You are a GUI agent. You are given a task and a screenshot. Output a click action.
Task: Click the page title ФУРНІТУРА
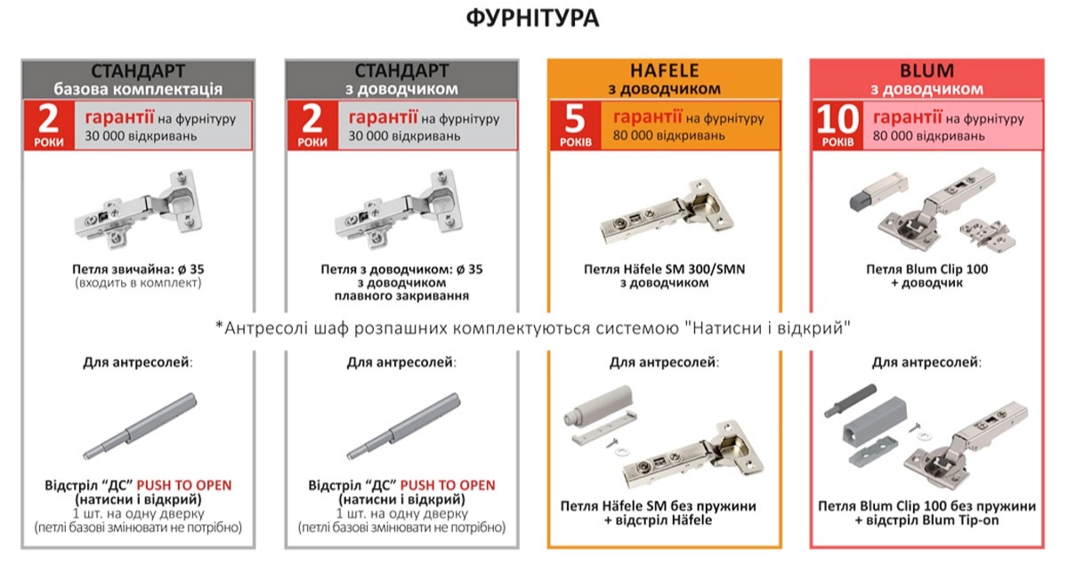(x=533, y=19)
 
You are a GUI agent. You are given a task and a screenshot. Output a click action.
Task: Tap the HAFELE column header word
(x=664, y=70)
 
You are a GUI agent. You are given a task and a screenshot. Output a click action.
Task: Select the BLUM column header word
(x=926, y=70)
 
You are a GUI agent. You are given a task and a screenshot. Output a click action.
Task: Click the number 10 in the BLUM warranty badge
(x=836, y=119)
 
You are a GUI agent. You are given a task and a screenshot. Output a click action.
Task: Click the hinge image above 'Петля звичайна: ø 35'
(x=139, y=211)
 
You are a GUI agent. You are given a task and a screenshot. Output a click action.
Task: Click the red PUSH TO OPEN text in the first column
(x=183, y=485)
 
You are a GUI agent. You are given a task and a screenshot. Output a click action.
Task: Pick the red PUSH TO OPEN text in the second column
(x=447, y=485)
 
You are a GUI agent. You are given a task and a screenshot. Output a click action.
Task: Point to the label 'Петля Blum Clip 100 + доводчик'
(x=926, y=276)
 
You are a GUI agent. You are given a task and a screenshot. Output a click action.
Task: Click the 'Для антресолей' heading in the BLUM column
(x=926, y=362)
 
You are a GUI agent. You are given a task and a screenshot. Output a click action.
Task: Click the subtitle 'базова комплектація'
(x=138, y=89)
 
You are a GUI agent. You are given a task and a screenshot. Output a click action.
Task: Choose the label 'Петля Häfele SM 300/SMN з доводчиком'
(x=664, y=276)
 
